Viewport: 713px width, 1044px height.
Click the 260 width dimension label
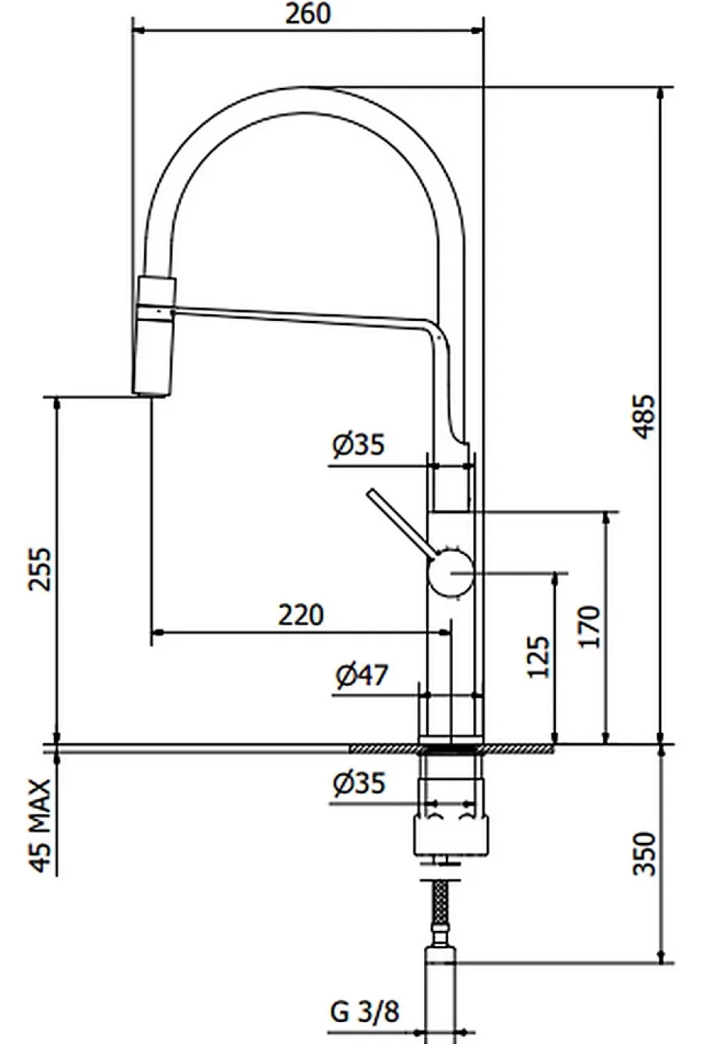[307, 14]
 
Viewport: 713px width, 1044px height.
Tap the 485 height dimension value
[645, 417]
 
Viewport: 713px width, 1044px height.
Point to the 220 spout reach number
[301, 615]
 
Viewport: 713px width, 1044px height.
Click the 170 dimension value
[589, 627]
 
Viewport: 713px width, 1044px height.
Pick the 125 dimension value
[538, 657]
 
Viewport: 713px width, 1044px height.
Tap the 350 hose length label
[645, 854]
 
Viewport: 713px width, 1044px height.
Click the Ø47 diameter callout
[362, 675]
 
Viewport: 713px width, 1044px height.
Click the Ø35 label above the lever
[358, 445]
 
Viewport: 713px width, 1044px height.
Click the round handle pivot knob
[451, 573]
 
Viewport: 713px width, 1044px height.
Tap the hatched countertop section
[451, 749]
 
